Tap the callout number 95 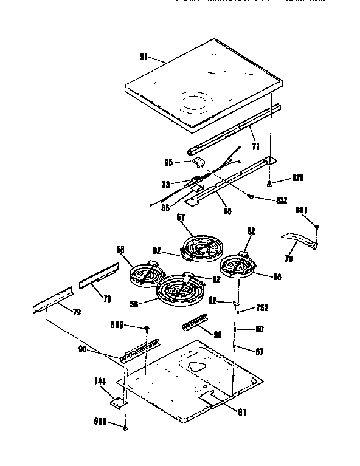pos(169,162)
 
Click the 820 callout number pos(297,177)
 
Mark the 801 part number pos(302,211)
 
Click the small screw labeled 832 pos(251,196)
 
